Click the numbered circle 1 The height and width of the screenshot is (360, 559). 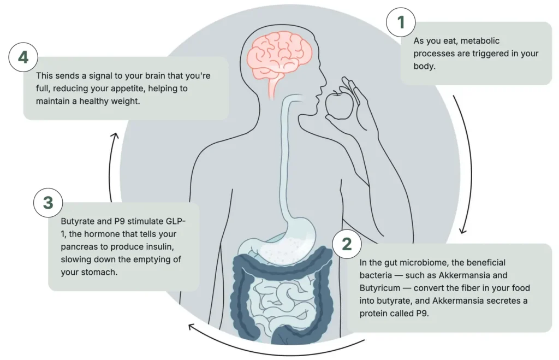401,23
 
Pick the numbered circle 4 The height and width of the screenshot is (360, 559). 23,57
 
